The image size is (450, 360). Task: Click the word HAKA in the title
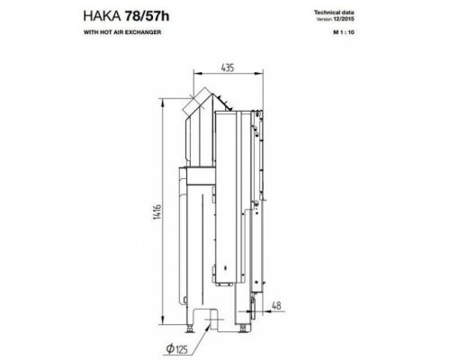(x=102, y=16)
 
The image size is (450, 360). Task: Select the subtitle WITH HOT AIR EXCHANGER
(x=122, y=32)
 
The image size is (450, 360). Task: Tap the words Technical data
(x=334, y=13)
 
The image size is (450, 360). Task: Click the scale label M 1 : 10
(x=344, y=32)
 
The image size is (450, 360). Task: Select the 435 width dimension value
(x=228, y=68)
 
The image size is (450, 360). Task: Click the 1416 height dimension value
(x=157, y=212)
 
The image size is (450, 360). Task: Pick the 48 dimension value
(x=276, y=305)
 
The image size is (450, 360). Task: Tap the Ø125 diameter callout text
(x=177, y=349)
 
